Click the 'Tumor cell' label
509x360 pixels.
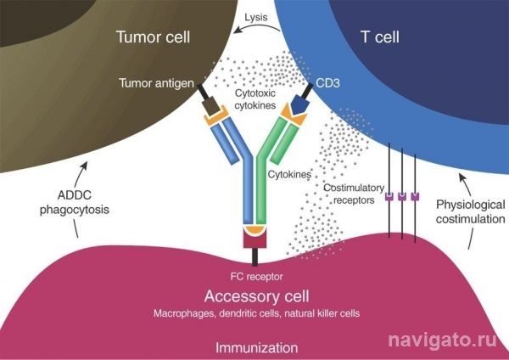pyautogui.click(x=153, y=37)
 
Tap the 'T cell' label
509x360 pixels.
pyautogui.click(x=380, y=37)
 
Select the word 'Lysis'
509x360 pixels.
pyautogui.click(x=256, y=17)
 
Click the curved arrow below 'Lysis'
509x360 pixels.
pyautogui.click(x=257, y=28)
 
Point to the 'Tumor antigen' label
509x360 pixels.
pyautogui.click(x=156, y=83)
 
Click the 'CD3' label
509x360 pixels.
pyautogui.click(x=327, y=83)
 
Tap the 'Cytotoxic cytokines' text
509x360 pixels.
pyautogui.click(x=255, y=99)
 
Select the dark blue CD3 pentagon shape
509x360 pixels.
pyautogui.click(x=299, y=105)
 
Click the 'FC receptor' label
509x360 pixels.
pyautogui.click(x=256, y=277)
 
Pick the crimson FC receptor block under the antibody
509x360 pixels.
pyautogui.click(x=255, y=237)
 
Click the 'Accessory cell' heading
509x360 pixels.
pyautogui.click(x=256, y=296)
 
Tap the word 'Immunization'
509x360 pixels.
pyautogui.click(x=256, y=347)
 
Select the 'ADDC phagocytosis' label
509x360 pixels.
pyautogui.click(x=75, y=202)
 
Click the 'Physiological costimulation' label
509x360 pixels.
pyautogui.click(x=470, y=212)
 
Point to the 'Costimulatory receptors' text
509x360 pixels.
pyautogui.click(x=354, y=194)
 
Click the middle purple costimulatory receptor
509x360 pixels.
pyautogui.click(x=402, y=197)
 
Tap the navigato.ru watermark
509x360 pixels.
pyautogui.click(x=443, y=340)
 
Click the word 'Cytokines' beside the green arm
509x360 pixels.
pyautogui.click(x=289, y=174)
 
